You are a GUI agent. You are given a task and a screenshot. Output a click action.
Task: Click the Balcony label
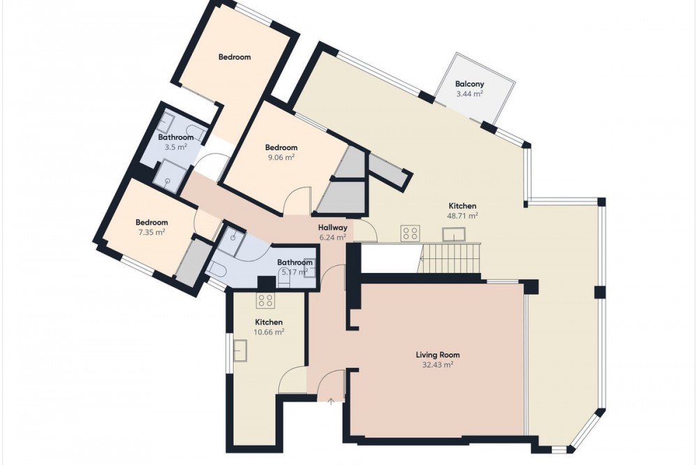click(x=469, y=84)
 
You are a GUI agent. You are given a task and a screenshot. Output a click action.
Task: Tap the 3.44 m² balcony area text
click(x=470, y=94)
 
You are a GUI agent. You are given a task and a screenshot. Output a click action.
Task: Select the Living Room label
click(x=438, y=355)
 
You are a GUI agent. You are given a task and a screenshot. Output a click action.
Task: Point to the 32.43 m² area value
click(x=438, y=364)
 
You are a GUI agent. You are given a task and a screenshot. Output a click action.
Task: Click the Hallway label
click(x=332, y=228)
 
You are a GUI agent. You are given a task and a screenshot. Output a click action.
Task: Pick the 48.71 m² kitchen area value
click(x=463, y=216)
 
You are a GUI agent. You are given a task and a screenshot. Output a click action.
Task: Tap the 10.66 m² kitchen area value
click(x=269, y=332)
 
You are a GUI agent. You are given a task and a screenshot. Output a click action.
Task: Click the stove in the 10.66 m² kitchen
click(x=266, y=301)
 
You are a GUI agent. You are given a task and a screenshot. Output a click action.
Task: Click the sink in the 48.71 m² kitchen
click(x=454, y=234)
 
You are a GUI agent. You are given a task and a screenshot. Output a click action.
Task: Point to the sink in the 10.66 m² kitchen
click(x=240, y=350)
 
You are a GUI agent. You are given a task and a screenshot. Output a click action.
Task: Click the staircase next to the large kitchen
click(x=450, y=258)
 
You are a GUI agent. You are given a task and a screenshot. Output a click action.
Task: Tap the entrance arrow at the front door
click(x=331, y=401)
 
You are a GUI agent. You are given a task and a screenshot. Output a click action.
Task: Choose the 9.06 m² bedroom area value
click(x=281, y=157)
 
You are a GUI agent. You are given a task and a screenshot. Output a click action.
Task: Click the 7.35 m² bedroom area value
click(x=151, y=232)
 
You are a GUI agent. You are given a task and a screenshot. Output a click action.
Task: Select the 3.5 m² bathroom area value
click(x=176, y=147)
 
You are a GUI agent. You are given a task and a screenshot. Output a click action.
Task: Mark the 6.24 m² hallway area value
click(x=332, y=237)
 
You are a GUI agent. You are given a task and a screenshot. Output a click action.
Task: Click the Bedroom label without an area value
click(x=235, y=57)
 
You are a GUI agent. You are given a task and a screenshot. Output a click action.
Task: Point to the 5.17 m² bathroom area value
click(x=295, y=272)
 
